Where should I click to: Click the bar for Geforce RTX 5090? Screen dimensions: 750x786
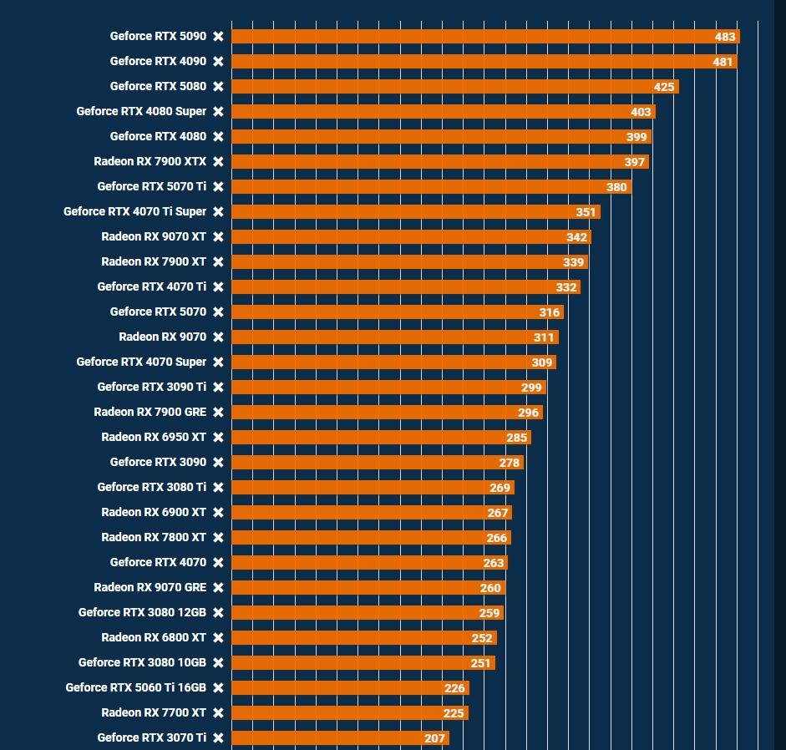tap(484, 37)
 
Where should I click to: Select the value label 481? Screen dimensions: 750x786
tap(723, 62)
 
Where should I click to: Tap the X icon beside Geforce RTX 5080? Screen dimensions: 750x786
tap(218, 87)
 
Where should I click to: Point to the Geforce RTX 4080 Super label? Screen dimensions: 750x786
tap(141, 111)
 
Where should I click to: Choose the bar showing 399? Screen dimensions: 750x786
tap(441, 137)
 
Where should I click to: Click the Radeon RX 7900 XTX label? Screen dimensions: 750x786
tap(150, 161)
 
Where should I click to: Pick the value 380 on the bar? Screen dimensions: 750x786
tap(616, 187)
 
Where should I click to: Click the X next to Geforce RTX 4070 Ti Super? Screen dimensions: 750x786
tap(218, 212)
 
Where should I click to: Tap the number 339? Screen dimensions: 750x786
tap(573, 262)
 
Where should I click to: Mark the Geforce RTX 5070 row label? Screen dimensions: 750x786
tap(158, 312)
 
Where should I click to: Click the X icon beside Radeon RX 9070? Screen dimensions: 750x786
tap(218, 337)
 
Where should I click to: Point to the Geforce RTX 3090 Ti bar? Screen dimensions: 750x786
tap(388, 388)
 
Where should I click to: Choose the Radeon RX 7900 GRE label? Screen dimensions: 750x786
tap(150, 412)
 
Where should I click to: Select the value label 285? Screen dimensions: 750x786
tap(516, 438)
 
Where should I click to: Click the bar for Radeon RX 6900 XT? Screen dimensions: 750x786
tap(372, 513)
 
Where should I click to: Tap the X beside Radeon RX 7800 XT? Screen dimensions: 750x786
tap(218, 538)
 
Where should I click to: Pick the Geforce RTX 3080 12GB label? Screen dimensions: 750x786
tap(142, 612)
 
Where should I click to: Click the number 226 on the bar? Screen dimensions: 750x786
tap(454, 688)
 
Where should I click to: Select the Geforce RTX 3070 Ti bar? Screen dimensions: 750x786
tap(340, 738)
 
